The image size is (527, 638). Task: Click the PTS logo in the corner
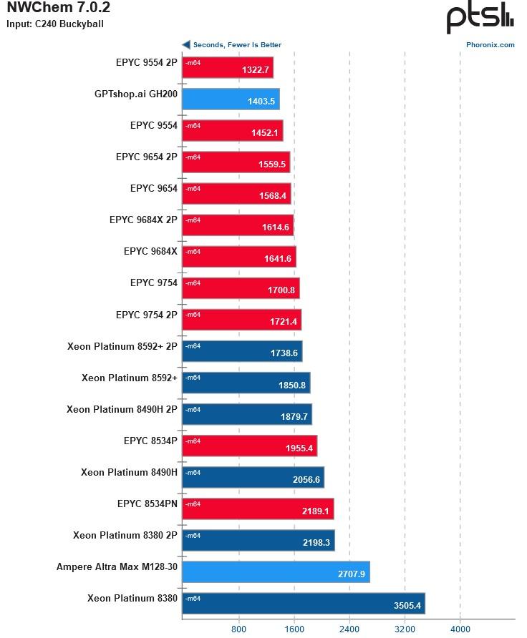(479, 18)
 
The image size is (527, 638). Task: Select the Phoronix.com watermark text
(490, 44)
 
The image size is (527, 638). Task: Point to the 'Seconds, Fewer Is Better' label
(237, 44)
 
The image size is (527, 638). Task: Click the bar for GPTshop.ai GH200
(231, 99)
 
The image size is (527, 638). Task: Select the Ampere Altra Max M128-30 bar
(276, 571)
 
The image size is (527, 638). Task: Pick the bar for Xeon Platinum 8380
(304, 603)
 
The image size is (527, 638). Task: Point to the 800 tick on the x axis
(239, 629)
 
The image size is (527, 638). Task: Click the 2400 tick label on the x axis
(349, 629)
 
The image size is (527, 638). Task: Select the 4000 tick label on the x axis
(460, 629)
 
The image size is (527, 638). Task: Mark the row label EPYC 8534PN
(148, 504)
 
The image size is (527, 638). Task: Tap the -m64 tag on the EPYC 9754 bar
(193, 283)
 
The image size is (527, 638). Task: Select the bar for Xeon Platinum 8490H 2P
(247, 414)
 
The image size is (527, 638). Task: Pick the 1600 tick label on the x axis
(294, 629)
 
